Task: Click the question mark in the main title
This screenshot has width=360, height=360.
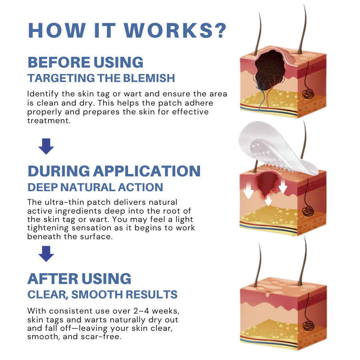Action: (x=219, y=30)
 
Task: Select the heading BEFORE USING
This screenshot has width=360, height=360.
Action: (x=86, y=62)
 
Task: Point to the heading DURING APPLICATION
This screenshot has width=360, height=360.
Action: (x=114, y=171)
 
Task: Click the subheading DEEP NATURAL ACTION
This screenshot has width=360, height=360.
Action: (x=95, y=187)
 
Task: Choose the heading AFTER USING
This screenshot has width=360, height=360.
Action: (x=79, y=279)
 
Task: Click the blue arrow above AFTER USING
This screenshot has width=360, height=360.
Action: (x=46, y=253)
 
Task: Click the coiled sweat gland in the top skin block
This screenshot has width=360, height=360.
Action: (x=308, y=94)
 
